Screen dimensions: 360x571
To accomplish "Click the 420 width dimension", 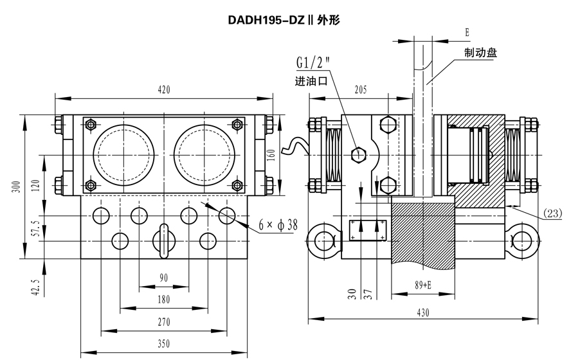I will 164,90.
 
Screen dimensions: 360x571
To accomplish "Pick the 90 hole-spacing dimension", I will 164,278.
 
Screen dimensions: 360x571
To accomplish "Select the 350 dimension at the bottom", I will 164,344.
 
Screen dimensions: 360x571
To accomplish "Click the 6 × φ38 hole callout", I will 278,225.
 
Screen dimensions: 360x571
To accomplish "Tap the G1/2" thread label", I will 313,63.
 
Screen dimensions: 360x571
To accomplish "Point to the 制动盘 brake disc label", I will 480,53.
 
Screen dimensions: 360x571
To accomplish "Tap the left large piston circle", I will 123,153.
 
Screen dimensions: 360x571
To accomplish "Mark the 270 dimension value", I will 164,321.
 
